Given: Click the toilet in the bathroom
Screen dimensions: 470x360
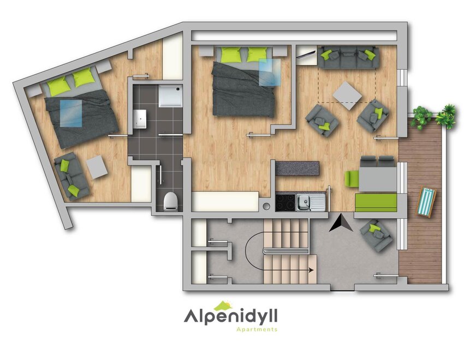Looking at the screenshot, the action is [x=171, y=201].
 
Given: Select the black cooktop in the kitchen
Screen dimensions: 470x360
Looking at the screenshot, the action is [x=285, y=203].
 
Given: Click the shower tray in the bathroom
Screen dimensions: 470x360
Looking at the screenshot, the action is [x=170, y=95].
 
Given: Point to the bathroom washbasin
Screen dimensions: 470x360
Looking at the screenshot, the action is [x=140, y=118].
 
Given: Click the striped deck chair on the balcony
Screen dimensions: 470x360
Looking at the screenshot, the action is [x=426, y=201].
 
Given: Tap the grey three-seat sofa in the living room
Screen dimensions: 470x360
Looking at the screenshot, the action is [x=348, y=57].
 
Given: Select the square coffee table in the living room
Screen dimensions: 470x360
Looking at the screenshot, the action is [x=347, y=96].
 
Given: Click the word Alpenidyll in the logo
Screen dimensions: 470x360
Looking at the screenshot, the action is [x=230, y=316].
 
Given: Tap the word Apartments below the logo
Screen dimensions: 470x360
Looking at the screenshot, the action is [x=257, y=329].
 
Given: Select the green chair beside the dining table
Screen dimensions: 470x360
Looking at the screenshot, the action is [x=352, y=179].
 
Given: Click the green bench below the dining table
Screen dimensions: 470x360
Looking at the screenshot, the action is [x=376, y=202].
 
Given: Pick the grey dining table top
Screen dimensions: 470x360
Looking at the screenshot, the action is [x=378, y=179].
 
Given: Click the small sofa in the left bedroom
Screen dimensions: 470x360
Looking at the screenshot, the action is [x=71, y=176].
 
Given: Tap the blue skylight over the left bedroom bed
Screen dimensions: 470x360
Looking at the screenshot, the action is [x=71, y=112].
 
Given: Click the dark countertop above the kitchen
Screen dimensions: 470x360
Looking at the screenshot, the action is [x=298, y=169].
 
